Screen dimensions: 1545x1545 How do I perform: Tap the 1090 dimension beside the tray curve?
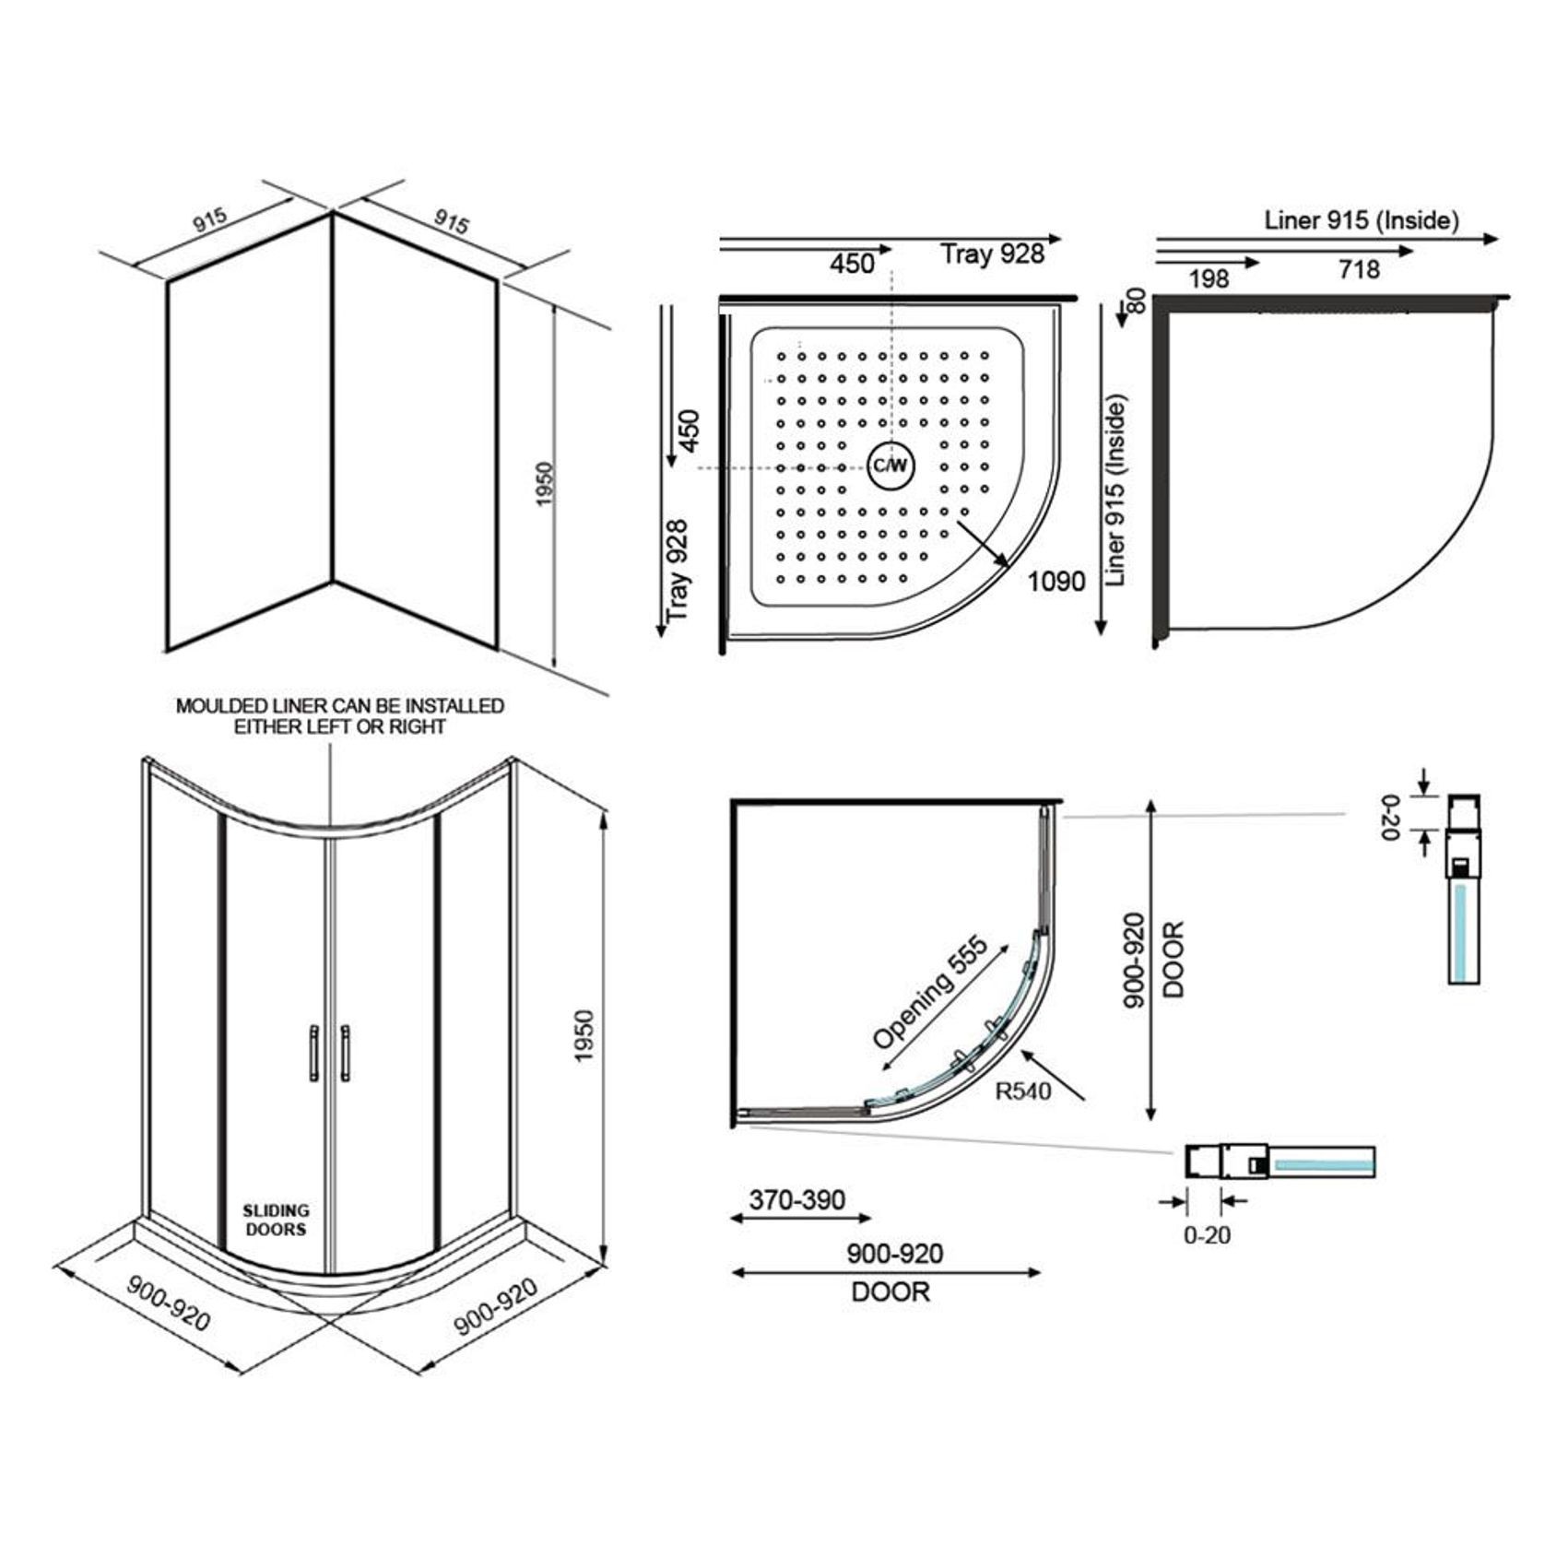point(1056,582)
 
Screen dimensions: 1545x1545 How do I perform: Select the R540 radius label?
point(1023,1091)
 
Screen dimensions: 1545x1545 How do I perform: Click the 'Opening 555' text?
point(929,993)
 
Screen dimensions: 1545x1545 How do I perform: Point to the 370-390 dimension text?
point(796,1199)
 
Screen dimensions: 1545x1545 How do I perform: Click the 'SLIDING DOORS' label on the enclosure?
point(276,1220)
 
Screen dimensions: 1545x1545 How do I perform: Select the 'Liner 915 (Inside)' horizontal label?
point(1362,221)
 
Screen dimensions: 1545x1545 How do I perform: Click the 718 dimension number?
point(1359,269)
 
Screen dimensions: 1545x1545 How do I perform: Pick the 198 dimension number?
point(1209,278)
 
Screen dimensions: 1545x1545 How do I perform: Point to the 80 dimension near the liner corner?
point(1137,301)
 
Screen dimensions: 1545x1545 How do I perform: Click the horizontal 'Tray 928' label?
point(992,254)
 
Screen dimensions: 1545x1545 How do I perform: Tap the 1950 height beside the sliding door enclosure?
point(584,1036)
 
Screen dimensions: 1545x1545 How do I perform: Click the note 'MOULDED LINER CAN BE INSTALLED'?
point(340,706)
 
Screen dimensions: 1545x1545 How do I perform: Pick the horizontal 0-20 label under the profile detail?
point(1207,1235)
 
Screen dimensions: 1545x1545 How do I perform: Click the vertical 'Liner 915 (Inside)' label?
point(1117,490)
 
